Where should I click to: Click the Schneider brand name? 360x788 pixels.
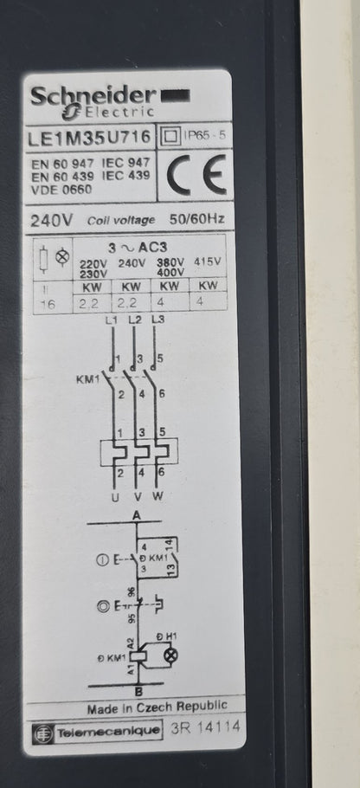pyautogui.click(x=93, y=95)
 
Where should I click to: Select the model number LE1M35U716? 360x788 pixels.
pyautogui.click(x=89, y=137)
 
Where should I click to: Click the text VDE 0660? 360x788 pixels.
pyautogui.click(x=61, y=190)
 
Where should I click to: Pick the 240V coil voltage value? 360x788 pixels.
pyautogui.click(x=52, y=220)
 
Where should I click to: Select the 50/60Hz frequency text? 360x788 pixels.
pyautogui.click(x=196, y=220)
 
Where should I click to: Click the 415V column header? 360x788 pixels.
pyautogui.click(x=208, y=262)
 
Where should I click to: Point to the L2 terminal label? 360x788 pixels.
pyautogui.click(x=134, y=320)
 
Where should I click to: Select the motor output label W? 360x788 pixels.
pyautogui.click(x=157, y=497)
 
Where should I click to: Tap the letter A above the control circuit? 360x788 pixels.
pyautogui.click(x=135, y=514)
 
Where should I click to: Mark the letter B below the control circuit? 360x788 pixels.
pyautogui.click(x=139, y=692)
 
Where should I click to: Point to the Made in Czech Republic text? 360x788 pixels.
pyautogui.click(x=157, y=707)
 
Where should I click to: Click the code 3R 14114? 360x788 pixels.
pyautogui.click(x=205, y=728)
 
